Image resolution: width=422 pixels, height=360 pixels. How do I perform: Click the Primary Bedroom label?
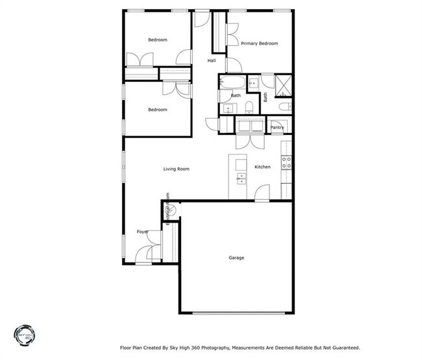point(259,43)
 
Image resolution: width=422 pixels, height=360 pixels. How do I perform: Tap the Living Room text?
point(176,169)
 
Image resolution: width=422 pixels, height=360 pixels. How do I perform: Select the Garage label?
point(236,258)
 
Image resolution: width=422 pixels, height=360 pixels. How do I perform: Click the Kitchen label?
point(262,167)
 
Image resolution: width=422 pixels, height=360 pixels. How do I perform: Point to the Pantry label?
point(277,128)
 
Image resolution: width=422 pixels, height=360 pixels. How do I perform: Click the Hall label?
point(212,61)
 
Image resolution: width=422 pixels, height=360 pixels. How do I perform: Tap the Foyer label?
point(142,232)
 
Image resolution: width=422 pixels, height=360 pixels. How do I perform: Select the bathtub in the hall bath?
point(232,83)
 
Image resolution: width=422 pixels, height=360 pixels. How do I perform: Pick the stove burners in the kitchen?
point(286,162)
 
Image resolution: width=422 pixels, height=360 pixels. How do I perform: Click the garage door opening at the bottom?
point(236,313)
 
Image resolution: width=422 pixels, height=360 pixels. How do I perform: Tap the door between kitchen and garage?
point(262,195)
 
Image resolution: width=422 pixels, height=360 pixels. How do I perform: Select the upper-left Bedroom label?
point(157,40)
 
